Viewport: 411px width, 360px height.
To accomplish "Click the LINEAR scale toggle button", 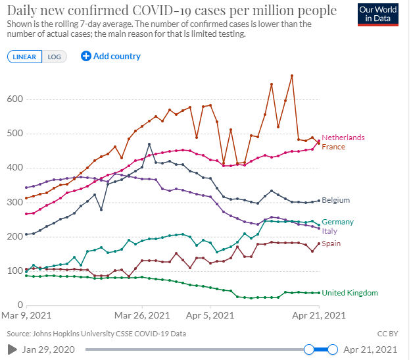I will pyautogui.click(x=26, y=57).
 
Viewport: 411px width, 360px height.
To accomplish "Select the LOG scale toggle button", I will pyautogui.click(x=54, y=57).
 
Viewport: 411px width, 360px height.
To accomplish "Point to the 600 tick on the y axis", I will pyautogui.click(x=15, y=99).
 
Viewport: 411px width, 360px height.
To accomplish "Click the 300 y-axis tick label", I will pyautogui.click(x=15, y=202).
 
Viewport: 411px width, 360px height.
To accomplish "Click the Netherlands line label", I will pyautogui.click(x=343, y=138).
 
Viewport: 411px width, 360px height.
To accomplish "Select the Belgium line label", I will pyautogui.click(x=336, y=200).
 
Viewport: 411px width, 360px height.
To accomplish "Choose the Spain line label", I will pyautogui.click(x=332, y=244).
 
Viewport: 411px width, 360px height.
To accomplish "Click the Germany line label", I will pyautogui.click(x=337, y=222).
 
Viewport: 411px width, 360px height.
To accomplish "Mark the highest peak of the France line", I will pyautogui.click(x=291, y=76).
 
